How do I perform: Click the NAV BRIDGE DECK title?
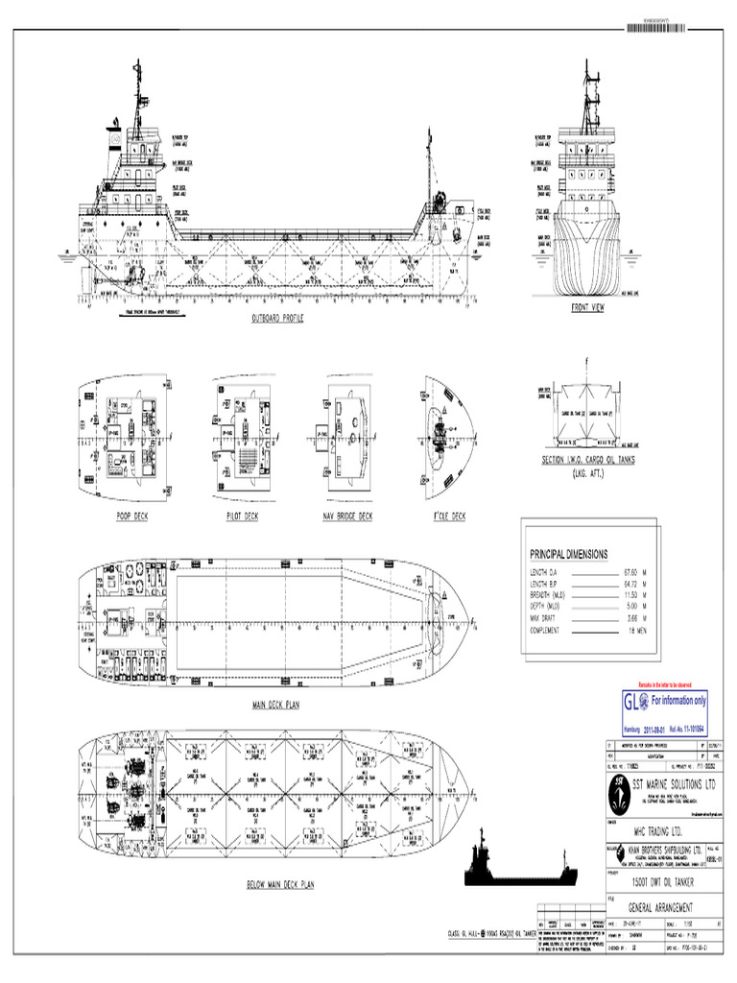pos(346,515)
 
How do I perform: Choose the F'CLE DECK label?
pos(443,515)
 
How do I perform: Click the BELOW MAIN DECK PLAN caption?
pos(280,883)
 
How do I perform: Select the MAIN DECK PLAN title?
pos(276,705)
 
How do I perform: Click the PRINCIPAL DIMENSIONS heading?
pos(569,555)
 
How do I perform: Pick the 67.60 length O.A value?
pos(631,572)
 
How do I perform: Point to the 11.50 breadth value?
pos(631,595)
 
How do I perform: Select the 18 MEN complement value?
pos(635,631)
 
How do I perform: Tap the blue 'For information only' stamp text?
pos(678,702)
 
